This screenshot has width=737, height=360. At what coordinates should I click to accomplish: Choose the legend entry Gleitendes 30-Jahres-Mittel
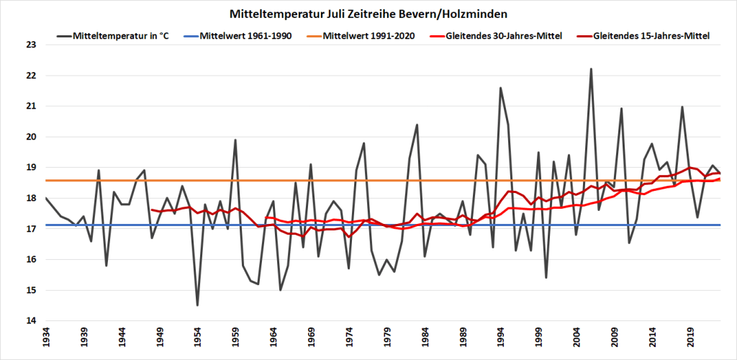point(510,35)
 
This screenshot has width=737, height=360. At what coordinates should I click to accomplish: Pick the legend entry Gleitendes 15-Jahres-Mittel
point(651,35)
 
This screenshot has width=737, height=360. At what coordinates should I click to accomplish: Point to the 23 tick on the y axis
point(30,45)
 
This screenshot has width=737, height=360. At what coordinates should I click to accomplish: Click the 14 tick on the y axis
point(30,321)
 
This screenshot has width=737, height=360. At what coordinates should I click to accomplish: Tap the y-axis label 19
point(30,168)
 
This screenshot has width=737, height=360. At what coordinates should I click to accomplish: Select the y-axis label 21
point(30,106)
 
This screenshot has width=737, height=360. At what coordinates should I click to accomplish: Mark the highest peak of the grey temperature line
point(591,69)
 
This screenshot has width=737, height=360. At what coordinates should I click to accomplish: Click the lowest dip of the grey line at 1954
point(197,305)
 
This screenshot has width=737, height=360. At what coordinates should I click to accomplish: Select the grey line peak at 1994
point(500,88)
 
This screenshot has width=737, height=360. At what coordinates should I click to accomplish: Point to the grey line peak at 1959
point(235,140)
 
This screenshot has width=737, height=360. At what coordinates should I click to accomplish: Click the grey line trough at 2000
point(546,278)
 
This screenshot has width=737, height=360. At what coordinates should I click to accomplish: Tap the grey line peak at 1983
point(417,125)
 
